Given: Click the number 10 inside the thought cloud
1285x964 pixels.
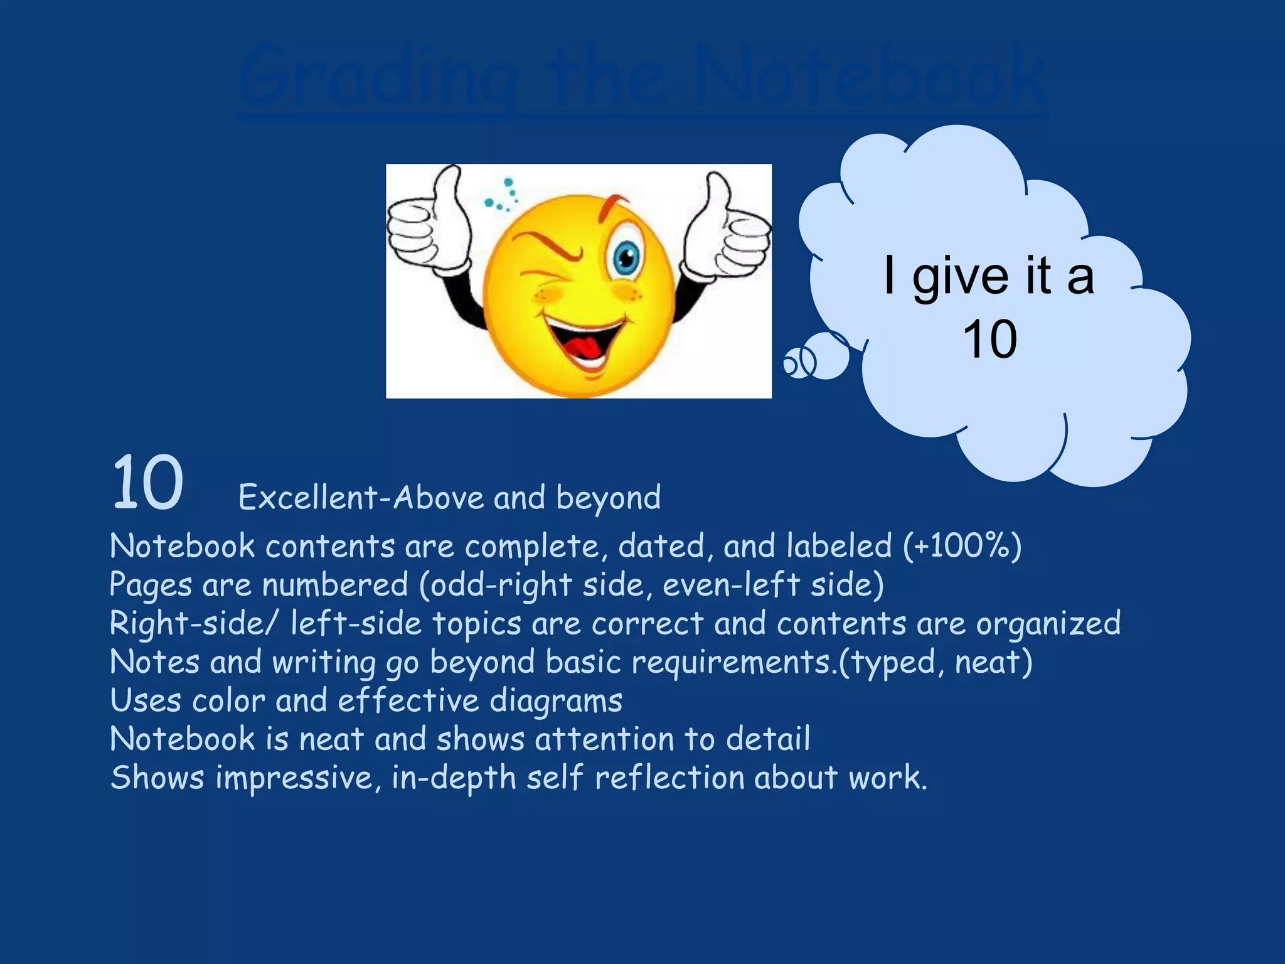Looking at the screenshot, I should (989, 339).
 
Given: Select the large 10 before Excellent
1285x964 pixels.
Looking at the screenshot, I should (148, 483).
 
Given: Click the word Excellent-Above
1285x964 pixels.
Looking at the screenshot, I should (361, 498).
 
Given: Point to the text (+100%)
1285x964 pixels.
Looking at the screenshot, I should (962, 545).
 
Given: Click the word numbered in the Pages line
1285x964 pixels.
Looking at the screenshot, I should (335, 585).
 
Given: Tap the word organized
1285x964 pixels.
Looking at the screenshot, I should (1048, 624).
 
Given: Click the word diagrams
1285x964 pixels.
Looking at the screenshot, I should (555, 701).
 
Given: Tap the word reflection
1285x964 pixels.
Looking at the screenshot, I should (669, 778).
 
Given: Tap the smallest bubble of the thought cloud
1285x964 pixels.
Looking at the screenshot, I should (792, 363).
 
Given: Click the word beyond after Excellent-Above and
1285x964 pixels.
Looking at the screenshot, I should (608, 498).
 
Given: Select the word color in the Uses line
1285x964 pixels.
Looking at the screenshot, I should (228, 701).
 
